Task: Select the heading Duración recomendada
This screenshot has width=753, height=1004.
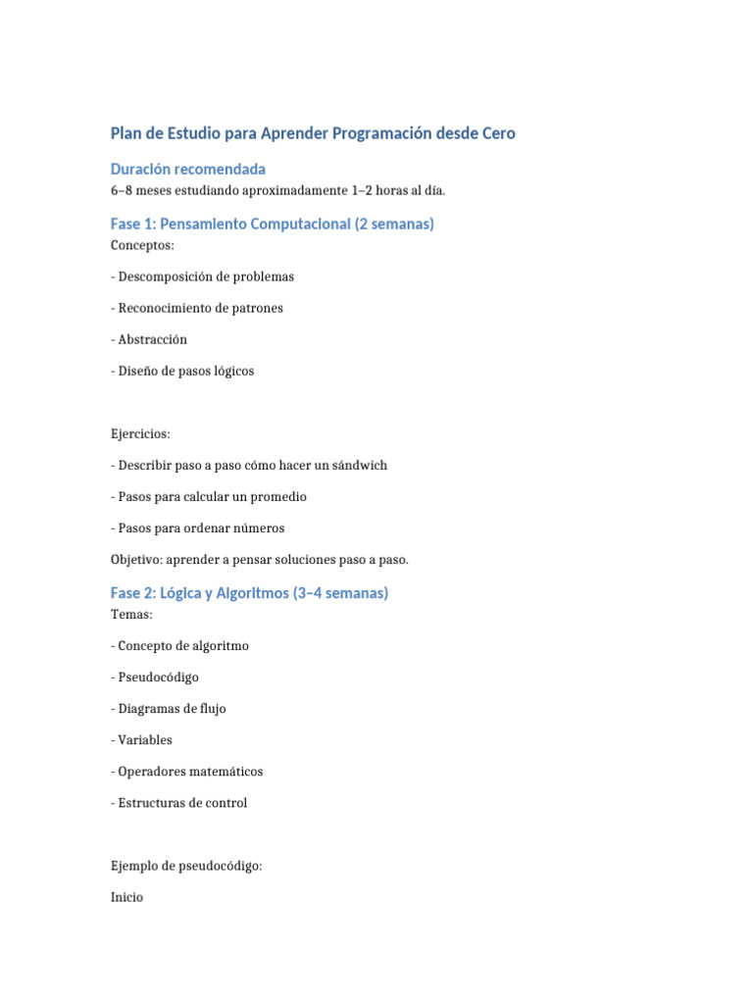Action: point(187,170)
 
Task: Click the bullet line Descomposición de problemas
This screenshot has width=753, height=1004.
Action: point(202,276)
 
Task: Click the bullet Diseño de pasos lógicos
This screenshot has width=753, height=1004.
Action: point(182,371)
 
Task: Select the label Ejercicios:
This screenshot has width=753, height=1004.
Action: point(139,433)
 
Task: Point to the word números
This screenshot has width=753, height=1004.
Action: point(257,527)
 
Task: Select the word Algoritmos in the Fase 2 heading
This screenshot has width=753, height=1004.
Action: point(245,594)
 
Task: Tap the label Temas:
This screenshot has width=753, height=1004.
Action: point(131,615)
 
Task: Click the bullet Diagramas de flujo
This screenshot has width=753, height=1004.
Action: point(169,709)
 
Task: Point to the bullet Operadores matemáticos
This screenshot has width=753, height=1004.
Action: point(186,772)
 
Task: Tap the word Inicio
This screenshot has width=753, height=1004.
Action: point(127,897)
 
